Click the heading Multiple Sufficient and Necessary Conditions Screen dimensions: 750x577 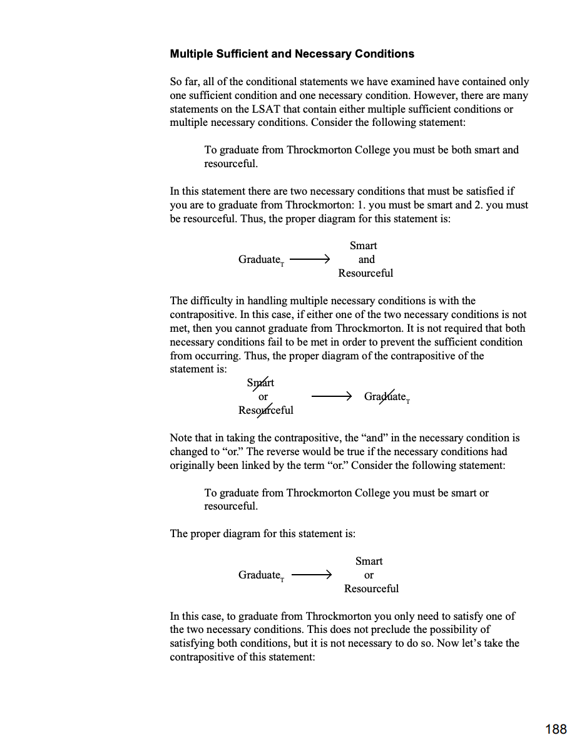[x=292, y=54]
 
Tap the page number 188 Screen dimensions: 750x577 [x=556, y=729]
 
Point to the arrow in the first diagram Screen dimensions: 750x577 [x=310, y=259]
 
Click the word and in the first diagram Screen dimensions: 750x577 [x=366, y=259]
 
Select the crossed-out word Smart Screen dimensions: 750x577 [x=260, y=383]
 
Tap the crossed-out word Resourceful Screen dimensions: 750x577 [x=265, y=410]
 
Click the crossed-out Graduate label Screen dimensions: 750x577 [x=386, y=396]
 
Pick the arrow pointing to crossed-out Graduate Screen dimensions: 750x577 [x=332, y=396]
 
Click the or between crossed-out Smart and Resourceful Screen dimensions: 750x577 [x=263, y=396]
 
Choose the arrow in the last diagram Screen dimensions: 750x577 [x=311, y=575]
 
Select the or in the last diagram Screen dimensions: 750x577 [x=369, y=575]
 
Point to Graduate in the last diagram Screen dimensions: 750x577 [x=260, y=575]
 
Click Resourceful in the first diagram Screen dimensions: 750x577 [x=365, y=273]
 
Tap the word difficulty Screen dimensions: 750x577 [x=211, y=301]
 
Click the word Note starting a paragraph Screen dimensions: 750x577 [x=181, y=438]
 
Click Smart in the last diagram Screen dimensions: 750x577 [x=369, y=561]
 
